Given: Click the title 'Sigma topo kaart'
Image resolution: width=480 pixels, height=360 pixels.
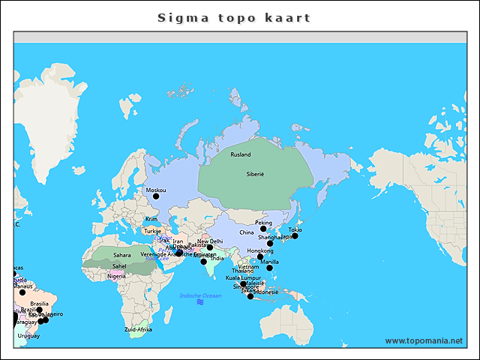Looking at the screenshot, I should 234,17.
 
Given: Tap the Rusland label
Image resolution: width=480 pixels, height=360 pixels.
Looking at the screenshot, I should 241,154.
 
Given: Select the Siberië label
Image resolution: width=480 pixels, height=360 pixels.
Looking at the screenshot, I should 256,173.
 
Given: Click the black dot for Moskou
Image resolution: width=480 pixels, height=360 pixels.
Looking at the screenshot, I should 156,196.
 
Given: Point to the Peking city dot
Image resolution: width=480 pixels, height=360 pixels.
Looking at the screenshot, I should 263,229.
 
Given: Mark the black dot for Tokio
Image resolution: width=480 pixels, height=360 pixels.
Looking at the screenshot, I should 295,236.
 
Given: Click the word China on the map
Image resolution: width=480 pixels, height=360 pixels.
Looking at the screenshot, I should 247,232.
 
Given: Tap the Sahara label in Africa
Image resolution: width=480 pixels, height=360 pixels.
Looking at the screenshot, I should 121,255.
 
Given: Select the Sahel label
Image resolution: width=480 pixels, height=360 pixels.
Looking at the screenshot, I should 119,265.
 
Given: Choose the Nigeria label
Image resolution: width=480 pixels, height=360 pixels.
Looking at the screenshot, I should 116,276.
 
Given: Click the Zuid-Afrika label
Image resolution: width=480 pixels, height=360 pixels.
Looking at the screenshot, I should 139,329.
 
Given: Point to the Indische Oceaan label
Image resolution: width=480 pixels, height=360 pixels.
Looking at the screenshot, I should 200,295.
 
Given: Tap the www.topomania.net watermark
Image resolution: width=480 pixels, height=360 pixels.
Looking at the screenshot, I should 424,340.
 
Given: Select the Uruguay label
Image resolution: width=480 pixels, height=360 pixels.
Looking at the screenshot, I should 28,336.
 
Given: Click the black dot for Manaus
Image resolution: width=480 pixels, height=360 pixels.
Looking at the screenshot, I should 22,292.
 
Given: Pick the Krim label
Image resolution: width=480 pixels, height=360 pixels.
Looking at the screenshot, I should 151,219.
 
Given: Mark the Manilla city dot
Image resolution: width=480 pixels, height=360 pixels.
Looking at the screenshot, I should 269,268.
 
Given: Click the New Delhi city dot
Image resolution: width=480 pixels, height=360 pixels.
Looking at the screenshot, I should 210,247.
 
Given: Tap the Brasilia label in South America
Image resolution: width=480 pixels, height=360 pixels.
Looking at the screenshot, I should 40,304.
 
